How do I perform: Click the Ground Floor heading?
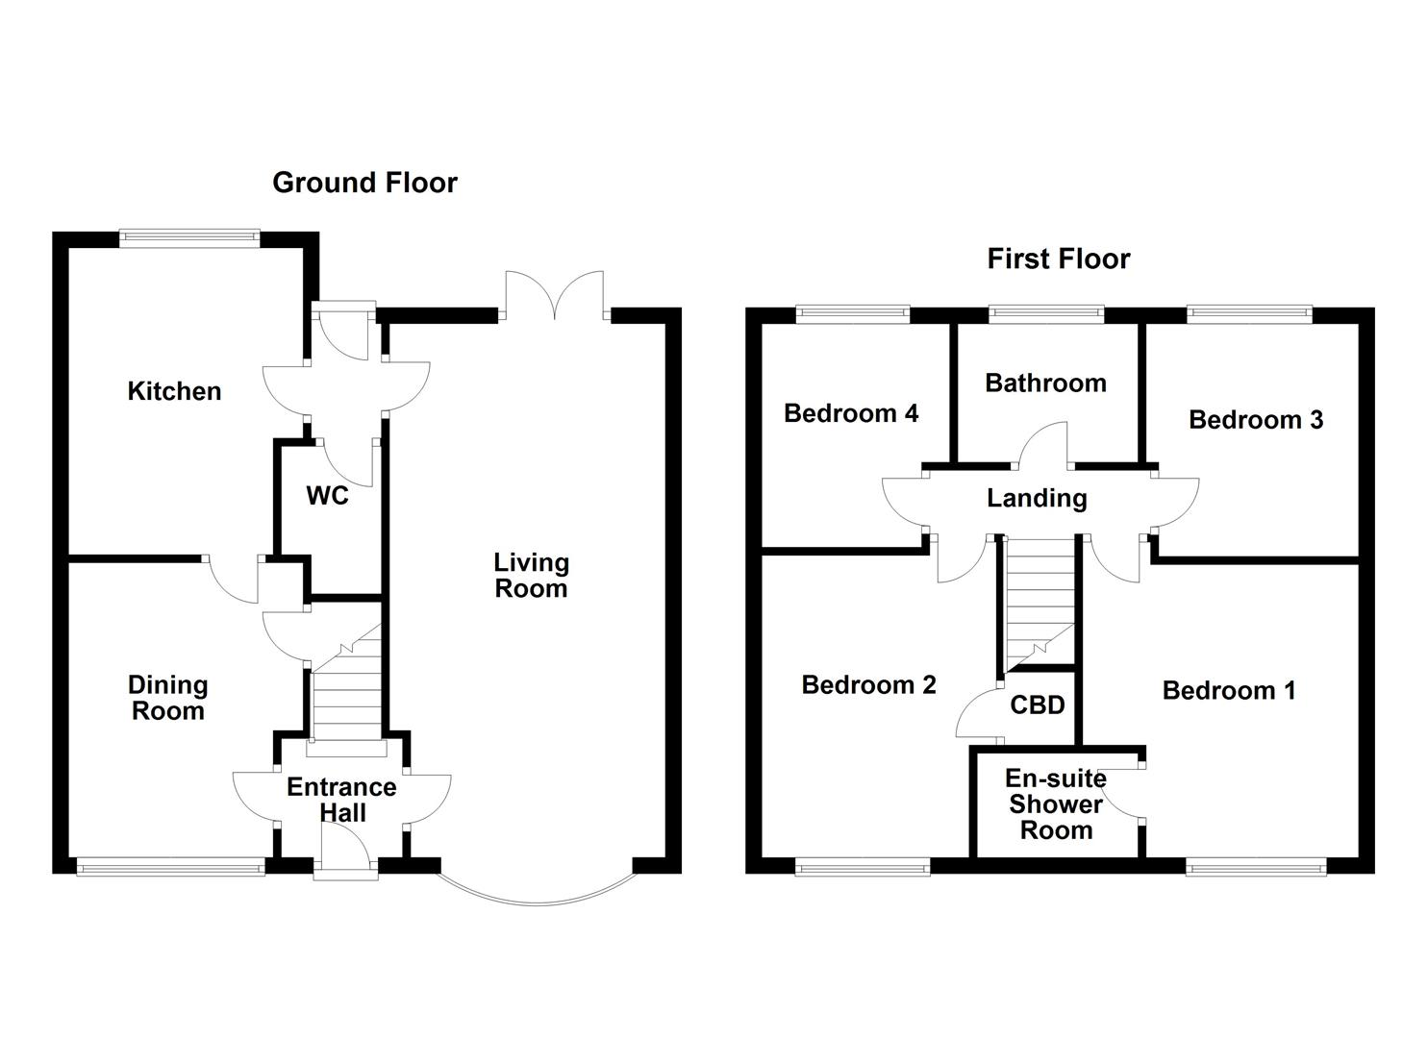click(x=364, y=183)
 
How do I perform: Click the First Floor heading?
click(x=1058, y=259)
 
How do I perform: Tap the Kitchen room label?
click(x=174, y=391)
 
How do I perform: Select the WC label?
click(x=327, y=496)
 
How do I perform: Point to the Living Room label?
click(x=531, y=575)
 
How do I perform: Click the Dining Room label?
click(x=167, y=698)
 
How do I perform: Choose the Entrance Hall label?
click(x=341, y=800)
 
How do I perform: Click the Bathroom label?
click(x=1045, y=383)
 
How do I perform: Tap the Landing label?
click(x=1037, y=498)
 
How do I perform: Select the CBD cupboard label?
click(x=1038, y=705)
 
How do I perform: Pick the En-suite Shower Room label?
click(x=1056, y=804)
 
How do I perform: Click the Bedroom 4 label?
click(x=851, y=413)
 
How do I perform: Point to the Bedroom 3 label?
click(x=1256, y=419)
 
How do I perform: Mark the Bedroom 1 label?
click(x=1229, y=690)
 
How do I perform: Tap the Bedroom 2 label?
click(x=868, y=684)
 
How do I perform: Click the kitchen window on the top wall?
click(x=189, y=235)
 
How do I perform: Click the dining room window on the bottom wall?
click(x=170, y=868)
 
